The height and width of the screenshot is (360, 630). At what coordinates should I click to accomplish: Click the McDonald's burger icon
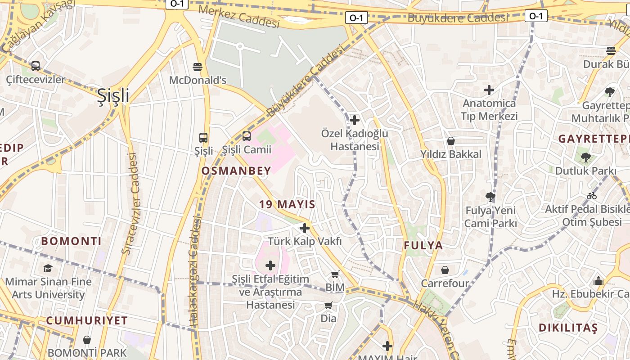coord(197,67)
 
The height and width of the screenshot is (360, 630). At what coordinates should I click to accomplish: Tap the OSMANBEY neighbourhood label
coord(236,171)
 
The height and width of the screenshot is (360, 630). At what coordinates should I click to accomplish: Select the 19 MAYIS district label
coord(287,204)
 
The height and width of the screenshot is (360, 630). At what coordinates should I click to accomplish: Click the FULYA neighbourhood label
coord(423,246)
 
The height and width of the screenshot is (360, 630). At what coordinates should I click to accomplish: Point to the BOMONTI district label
coord(72,241)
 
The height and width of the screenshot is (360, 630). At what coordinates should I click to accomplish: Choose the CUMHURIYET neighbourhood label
coord(87,321)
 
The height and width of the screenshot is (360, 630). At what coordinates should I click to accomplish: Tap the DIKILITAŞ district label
coord(568,328)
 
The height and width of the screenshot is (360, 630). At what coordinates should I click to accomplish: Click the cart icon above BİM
coord(335,274)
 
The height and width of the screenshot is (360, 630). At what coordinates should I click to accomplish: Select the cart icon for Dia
coord(328,305)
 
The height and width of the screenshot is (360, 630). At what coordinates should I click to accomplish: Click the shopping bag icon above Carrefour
coord(445,270)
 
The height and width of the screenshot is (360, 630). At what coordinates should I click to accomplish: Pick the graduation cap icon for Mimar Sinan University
coord(48,269)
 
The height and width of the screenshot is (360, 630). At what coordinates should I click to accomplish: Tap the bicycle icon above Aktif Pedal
coord(592,196)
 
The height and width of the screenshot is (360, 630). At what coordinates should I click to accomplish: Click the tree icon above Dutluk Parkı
coord(585,157)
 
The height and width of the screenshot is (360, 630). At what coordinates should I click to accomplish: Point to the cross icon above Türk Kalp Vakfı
coord(305,228)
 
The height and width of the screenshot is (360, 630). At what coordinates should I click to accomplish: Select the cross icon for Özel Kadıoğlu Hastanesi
coord(355,120)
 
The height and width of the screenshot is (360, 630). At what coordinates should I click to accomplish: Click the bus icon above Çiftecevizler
coord(36,66)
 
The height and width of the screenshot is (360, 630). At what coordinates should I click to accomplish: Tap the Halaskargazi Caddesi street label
coord(194,272)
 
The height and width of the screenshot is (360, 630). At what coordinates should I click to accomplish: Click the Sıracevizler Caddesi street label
coord(131,203)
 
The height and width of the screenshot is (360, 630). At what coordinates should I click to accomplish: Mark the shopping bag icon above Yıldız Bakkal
coord(451,141)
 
